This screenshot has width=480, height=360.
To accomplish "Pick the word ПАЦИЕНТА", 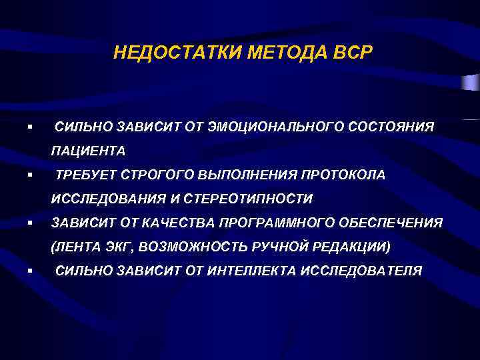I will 88,151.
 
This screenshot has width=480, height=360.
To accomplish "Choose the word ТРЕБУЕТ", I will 84,175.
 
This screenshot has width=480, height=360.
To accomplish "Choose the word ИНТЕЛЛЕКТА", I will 252,271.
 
